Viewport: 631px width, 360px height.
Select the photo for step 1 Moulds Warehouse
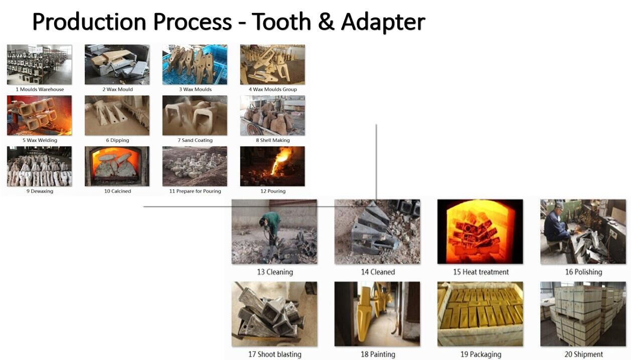(x=39, y=64)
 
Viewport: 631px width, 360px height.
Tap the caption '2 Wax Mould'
(x=117, y=89)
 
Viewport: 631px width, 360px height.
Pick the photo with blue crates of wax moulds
(x=195, y=64)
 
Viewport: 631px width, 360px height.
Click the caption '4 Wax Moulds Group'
(x=272, y=89)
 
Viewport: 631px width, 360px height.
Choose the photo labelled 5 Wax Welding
(x=39, y=115)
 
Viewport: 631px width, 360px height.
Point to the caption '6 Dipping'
(x=117, y=140)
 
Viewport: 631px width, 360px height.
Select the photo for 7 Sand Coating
(x=195, y=115)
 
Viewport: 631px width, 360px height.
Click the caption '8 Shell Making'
(x=272, y=140)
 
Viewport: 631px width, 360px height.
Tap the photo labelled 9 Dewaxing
(x=39, y=166)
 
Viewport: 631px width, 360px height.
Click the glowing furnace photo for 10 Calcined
(x=117, y=166)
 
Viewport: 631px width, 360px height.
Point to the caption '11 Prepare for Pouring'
(x=195, y=191)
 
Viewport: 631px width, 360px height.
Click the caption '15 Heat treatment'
(x=481, y=272)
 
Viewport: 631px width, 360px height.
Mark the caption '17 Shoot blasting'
(x=274, y=354)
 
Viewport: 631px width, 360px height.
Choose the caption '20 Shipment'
(x=583, y=354)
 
